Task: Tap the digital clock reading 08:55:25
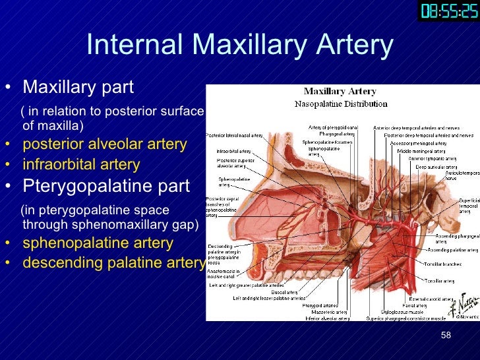(448, 11)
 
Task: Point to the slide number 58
(446, 336)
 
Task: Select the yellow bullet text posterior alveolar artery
(104, 144)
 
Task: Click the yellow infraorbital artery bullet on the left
(81, 164)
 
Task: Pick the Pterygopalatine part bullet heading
(106, 186)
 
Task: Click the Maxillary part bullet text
(78, 87)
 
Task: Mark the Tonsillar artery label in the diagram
(439, 281)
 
